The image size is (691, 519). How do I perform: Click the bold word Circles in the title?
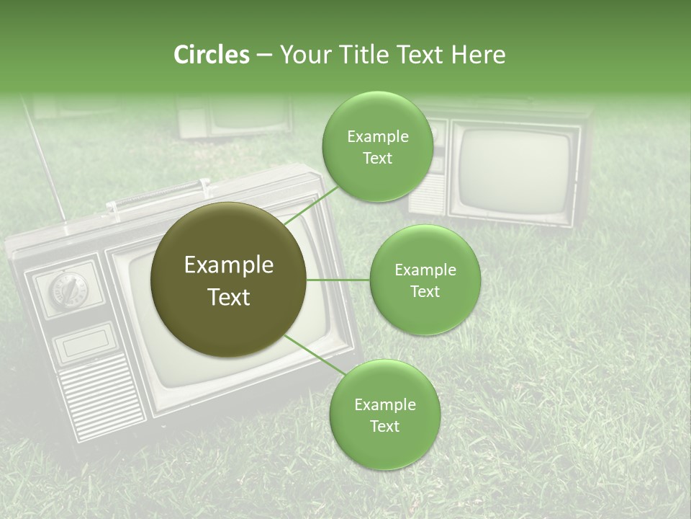(211, 55)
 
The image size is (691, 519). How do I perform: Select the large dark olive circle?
(229, 280)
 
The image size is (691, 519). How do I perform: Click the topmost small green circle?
(377, 146)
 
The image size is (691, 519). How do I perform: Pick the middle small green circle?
(425, 280)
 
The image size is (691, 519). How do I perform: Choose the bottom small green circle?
(384, 414)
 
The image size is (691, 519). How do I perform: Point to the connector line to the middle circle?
(338, 280)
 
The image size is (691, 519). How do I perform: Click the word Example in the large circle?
(229, 265)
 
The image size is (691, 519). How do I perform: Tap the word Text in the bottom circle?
(384, 426)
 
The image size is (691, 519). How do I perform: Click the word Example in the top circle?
(377, 136)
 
